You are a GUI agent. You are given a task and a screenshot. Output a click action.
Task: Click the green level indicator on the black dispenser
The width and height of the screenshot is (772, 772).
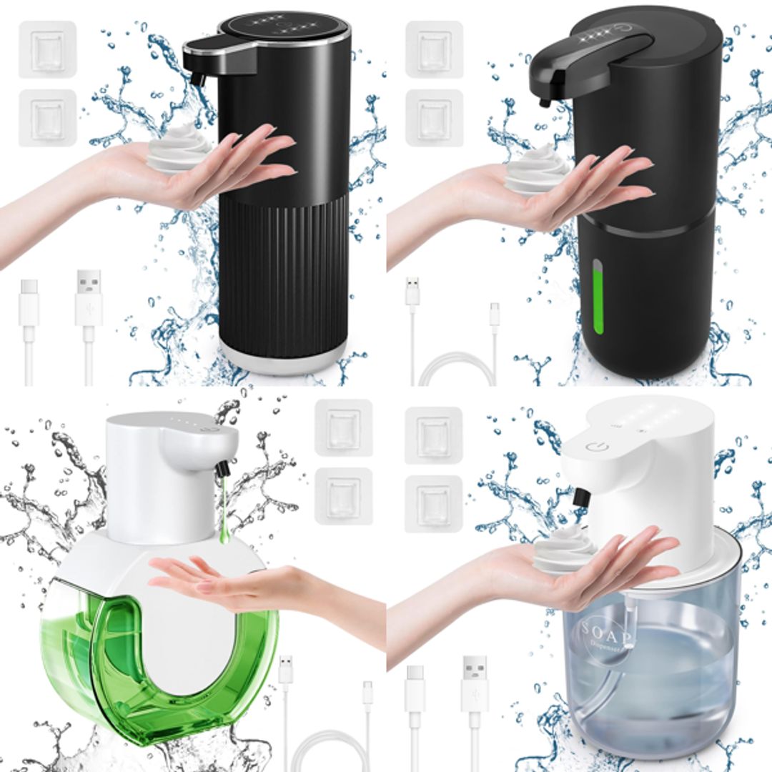[x=598, y=297]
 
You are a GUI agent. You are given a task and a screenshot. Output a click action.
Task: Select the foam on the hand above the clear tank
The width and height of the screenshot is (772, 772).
[x=565, y=550]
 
